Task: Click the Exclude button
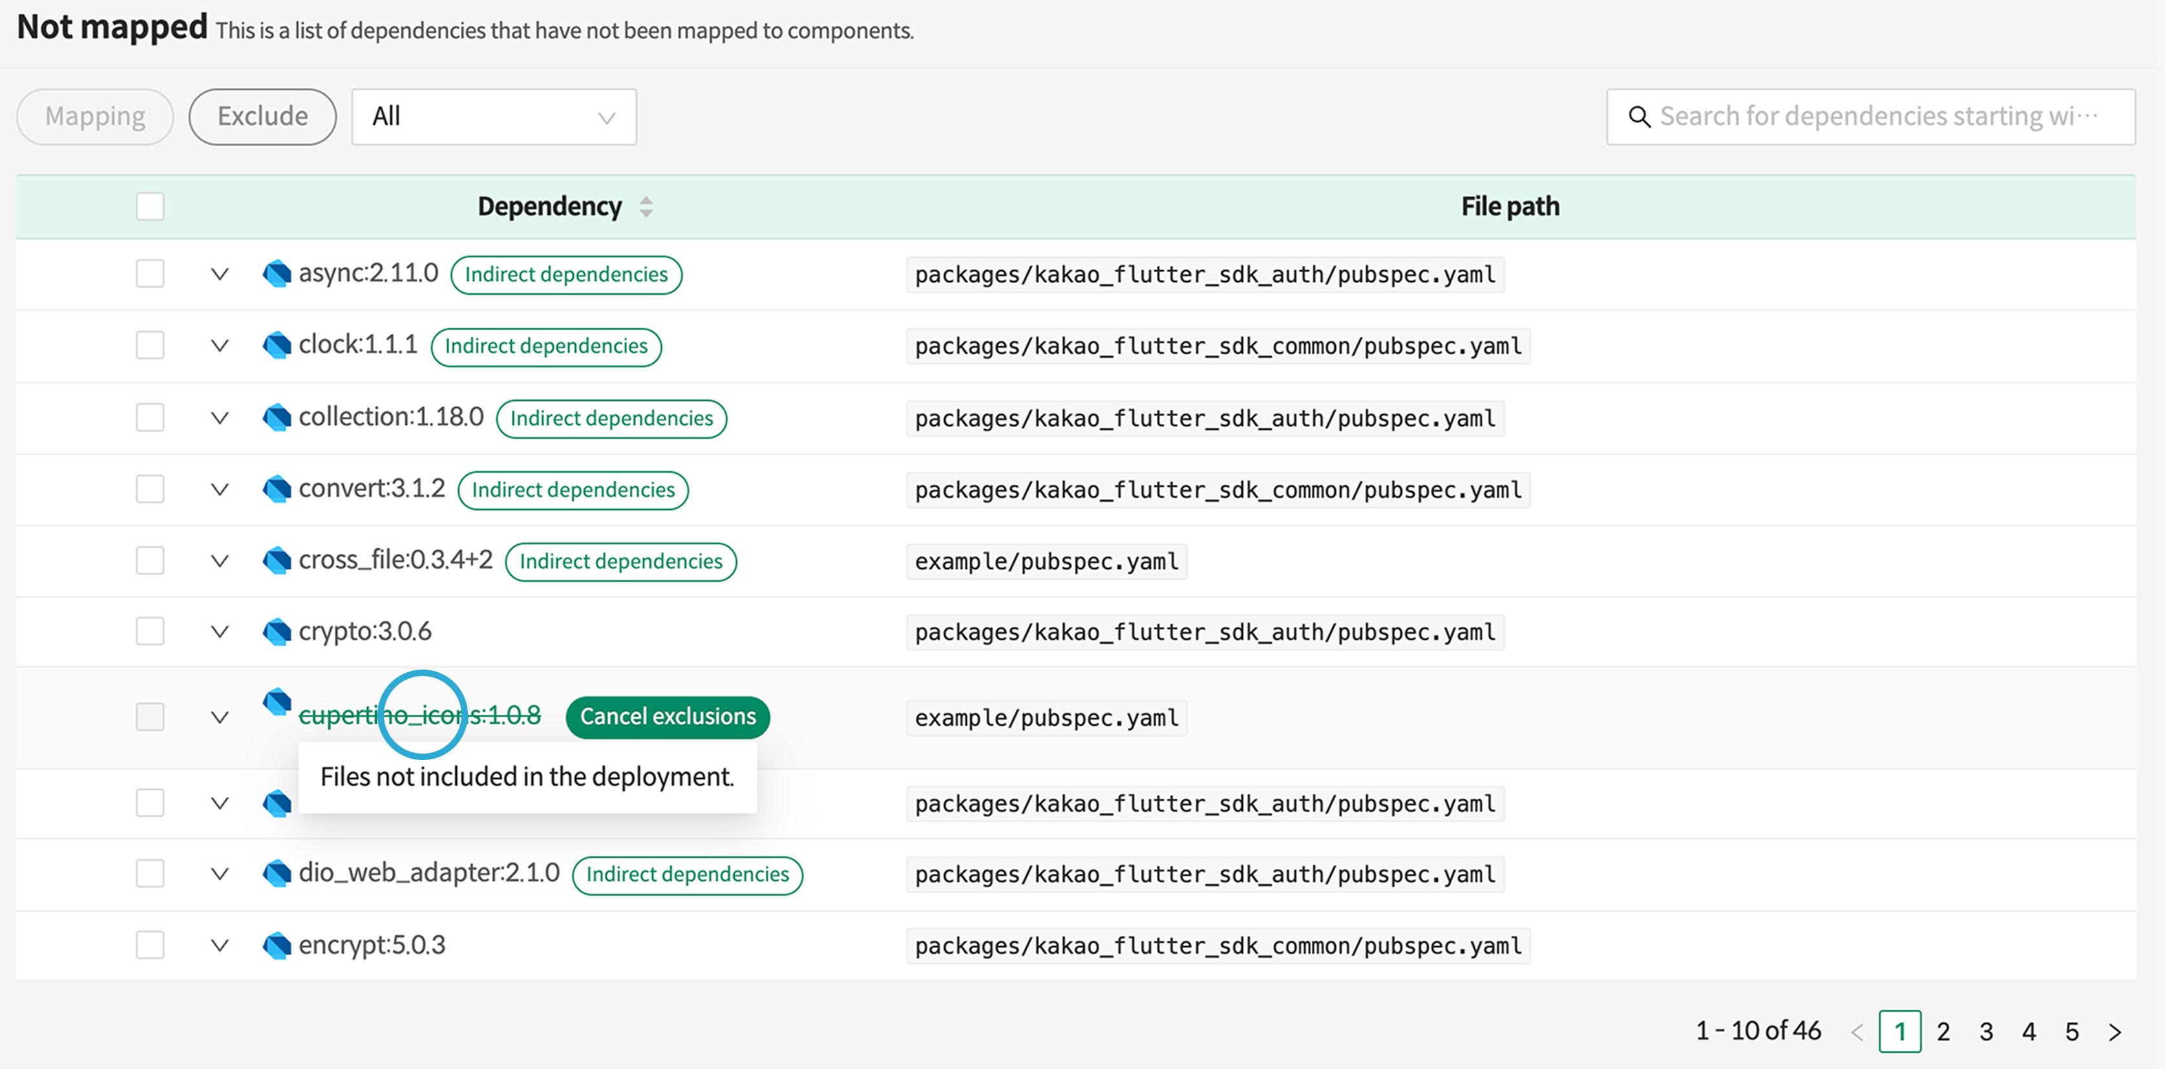point(262,116)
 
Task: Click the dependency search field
point(1871,116)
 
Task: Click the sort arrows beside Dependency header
point(646,207)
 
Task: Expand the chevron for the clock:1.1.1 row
point(219,345)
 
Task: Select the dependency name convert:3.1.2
point(372,488)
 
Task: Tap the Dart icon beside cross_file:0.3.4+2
point(277,560)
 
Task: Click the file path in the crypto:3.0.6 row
point(1205,632)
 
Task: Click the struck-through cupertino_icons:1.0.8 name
point(419,715)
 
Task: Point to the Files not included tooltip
point(527,776)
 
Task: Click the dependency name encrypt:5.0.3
point(372,945)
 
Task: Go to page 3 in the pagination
point(1986,1031)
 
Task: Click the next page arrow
point(2115,1031)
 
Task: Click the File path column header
point(1510,207)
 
